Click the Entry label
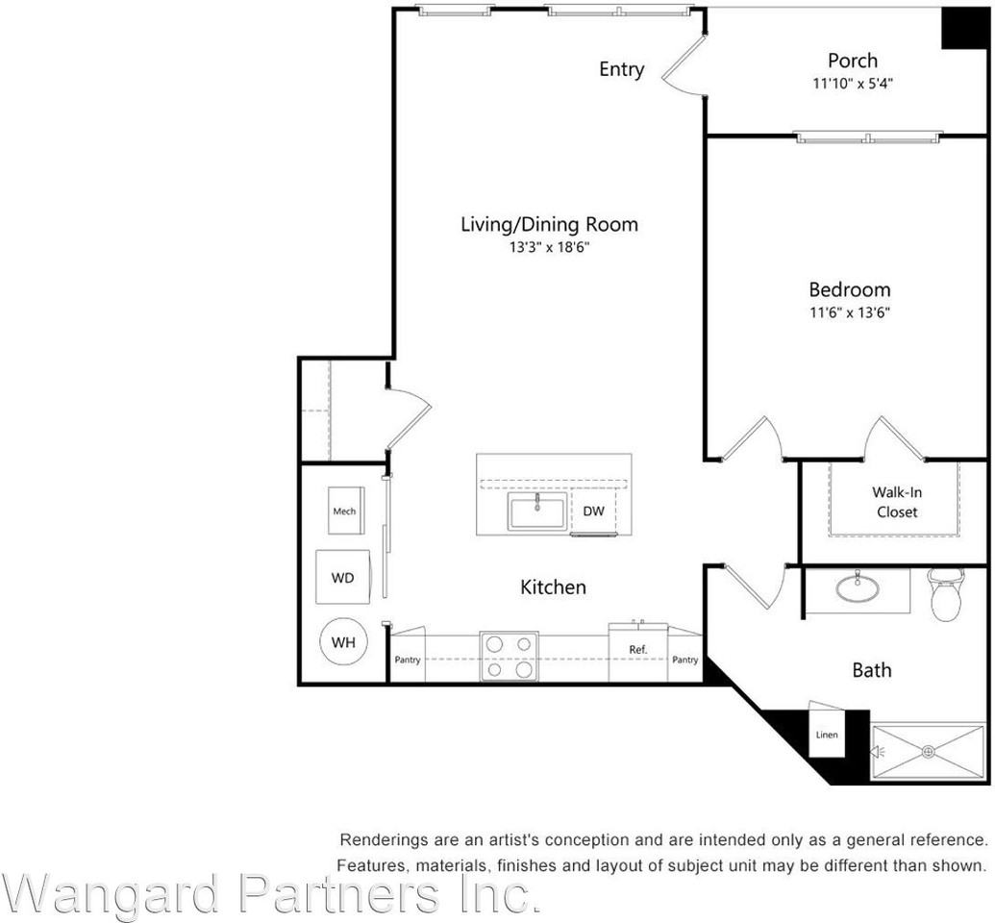pyautogui.click(x=621, y=69)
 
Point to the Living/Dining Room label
pyautogui.click(x=549, y=224)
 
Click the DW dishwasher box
pyautogui.click(x=594, y=511)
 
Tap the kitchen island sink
pyautogui.click(x=538, y=511)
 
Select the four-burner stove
pyautogui.click(x=508, y=656)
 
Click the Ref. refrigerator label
pyautogui.click(x=637, y=650)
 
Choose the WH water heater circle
pyautogui.click(x=343, y=642)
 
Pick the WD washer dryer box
pyautogui.click(x=343, y=578)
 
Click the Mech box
pyautogui.click(x=344, y=511)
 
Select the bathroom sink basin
pyautogui.click(x=857, y=586)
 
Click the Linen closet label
pyautogui.click(x=827, y=736)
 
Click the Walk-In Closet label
pyautogui.click(x=896, y=502)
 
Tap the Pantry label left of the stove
pyautogui.click(x=408, y=661)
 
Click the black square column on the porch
pyautogui.click(x=964, y=28)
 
